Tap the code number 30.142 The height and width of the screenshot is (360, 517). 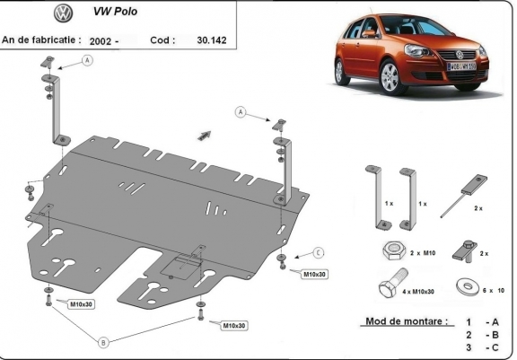point(212,40)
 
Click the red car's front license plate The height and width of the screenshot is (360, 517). point(460,66)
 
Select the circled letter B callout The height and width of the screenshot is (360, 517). point(104,342)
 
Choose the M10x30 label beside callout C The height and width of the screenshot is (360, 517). point(314,273)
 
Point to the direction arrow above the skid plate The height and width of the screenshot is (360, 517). point(206,133)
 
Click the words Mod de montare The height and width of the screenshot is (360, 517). point(404,321)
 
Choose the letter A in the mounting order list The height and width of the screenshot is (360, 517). point(493,321)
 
